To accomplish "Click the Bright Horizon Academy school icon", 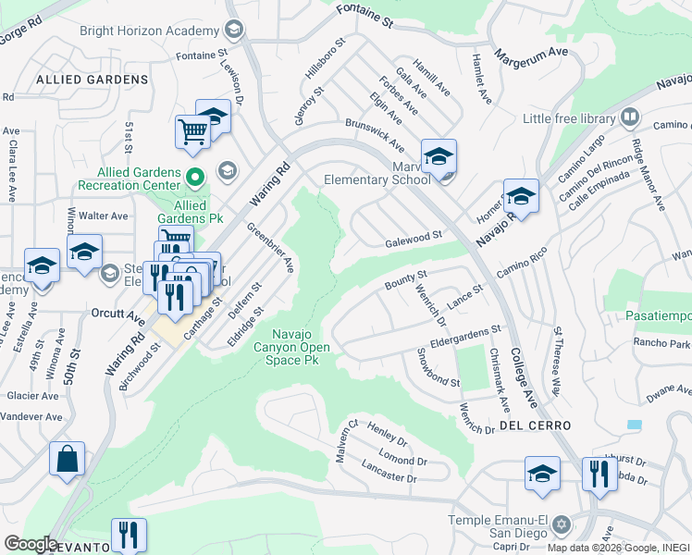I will coord(234,31).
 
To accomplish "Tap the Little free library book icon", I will coord(629,117).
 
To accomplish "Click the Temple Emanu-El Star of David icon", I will coord(560,524).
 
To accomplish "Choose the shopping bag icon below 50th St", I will coord(67,459).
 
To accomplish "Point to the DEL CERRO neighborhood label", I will coord(535,425).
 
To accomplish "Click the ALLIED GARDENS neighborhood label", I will coord(92,80).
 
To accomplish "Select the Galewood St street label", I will coord(414,239).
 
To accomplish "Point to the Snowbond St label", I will coord(438,367).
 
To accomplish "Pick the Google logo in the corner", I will coord(30,543).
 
